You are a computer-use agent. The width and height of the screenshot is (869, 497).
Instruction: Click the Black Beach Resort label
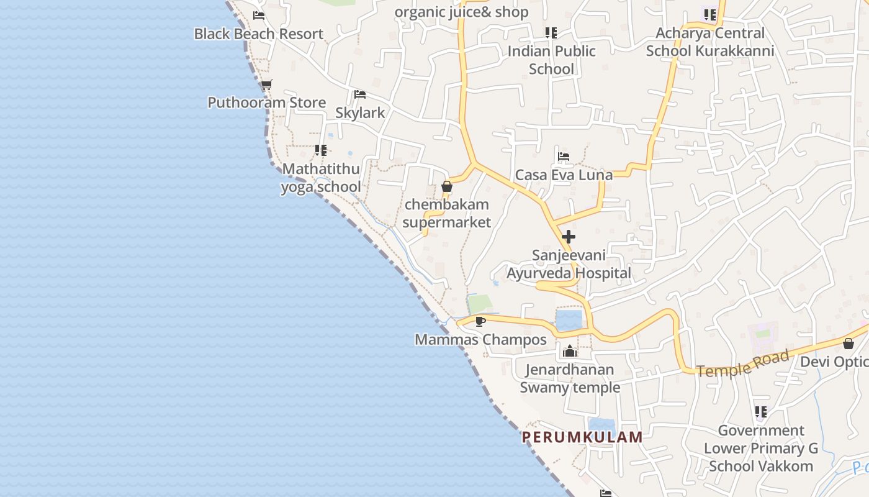[259, 34]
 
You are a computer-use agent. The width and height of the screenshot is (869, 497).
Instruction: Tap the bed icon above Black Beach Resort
[259, 16]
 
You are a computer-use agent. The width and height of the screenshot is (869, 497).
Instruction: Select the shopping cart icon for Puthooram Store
[266, 84]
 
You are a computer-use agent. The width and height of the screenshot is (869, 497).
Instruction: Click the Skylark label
[360, 113]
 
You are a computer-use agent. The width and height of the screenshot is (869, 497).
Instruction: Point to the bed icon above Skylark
[359, 94]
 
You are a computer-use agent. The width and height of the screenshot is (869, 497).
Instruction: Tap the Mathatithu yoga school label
[321, 178]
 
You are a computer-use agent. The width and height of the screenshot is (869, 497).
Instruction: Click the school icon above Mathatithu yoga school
[320, 150]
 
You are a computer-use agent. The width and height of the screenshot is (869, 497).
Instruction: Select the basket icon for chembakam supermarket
[446, 186]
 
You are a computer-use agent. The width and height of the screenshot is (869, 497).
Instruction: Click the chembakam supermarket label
[447, 213]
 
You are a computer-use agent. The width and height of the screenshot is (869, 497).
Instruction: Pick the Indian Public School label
[551, 60]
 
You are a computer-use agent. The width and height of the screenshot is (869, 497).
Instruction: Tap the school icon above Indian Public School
[551, 32]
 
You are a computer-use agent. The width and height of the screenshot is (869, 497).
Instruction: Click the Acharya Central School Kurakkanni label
[710, 42]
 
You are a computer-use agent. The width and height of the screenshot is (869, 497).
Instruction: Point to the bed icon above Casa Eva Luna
[564, 157]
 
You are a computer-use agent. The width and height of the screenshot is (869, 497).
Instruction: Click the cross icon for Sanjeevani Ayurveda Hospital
[568, 237]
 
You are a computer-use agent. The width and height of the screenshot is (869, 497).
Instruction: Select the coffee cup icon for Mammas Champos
[480, 321]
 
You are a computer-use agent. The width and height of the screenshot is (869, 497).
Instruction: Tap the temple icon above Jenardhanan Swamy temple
[569, 352]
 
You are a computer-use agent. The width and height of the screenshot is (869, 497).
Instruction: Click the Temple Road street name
[743, 363]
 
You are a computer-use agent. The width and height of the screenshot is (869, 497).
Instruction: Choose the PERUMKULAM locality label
[582, 437]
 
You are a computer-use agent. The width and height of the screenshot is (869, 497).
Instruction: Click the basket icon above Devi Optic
[849, 344]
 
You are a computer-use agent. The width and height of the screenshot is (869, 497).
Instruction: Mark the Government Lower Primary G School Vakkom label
[761, 448]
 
